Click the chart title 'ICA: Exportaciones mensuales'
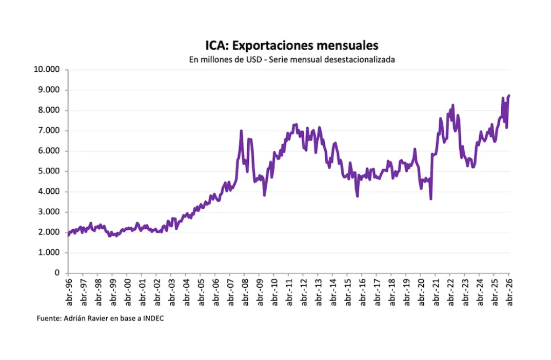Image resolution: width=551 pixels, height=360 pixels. tap(292, 45)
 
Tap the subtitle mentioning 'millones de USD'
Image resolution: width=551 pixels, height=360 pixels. tap(292, 59)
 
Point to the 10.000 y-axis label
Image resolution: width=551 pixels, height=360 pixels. tap(47, 69)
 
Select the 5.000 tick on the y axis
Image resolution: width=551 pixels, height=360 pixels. tap(49, 171)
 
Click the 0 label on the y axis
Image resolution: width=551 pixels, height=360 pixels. tap(57, 273)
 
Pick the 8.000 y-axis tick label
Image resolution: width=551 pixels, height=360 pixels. tap(49, 110)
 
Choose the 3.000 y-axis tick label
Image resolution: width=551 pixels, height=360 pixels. tap(49, 212)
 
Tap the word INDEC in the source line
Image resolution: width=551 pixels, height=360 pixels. tap(153, 318)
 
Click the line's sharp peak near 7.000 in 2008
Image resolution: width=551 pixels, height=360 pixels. tap(242, 131)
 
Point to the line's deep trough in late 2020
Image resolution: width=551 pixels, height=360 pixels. tap(431, 199)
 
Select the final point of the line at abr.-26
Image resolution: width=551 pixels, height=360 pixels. tap(509, 95)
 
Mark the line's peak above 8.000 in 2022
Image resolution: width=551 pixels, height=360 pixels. tap(453, 105)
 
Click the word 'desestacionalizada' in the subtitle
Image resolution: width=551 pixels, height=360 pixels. tap(360, 59)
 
